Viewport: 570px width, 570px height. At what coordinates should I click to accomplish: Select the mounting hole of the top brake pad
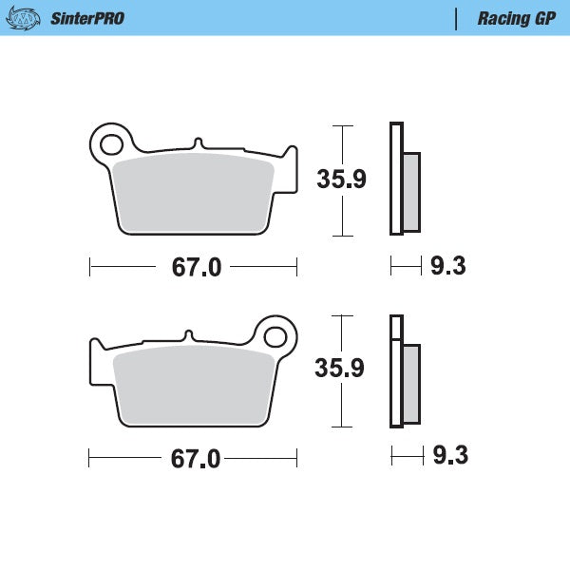(x=110, y=145)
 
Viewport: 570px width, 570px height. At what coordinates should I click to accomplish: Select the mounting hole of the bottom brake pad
(x=275, y=336)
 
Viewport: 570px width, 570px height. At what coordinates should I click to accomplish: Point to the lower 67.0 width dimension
(x=196, y=459)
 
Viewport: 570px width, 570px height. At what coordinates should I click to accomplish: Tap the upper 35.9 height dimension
(x=340, y=179)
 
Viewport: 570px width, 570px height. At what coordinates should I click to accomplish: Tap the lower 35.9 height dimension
(x=340, y=369)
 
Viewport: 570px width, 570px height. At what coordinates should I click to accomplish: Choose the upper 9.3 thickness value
(x=447, y=267)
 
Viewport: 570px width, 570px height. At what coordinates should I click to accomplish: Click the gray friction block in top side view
(x=411, y=192)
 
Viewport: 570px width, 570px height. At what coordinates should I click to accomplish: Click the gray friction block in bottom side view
(x=411, y=384)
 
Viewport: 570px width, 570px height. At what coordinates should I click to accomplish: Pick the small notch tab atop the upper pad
(x=198, y=143)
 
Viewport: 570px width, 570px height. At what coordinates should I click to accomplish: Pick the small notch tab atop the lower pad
(x=189, y=335)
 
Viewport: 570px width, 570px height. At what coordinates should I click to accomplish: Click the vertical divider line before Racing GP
(x=458, y=18)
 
